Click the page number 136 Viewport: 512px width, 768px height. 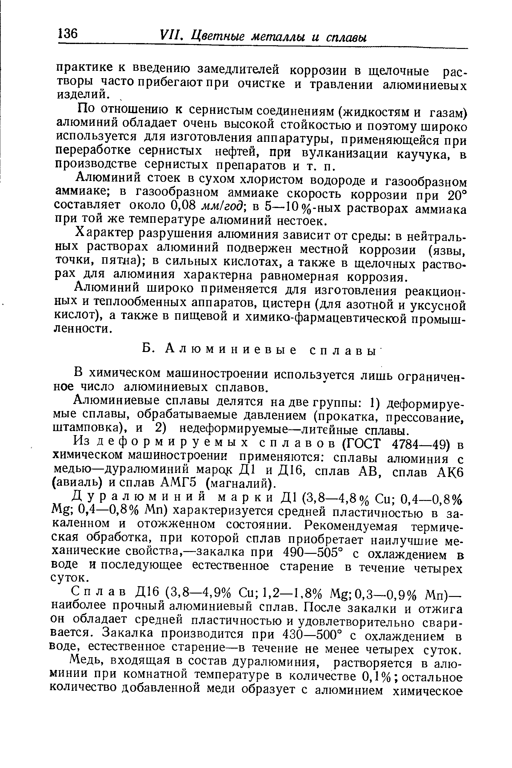tap(68, 34)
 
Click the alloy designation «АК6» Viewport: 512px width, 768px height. tap(450, 472)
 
